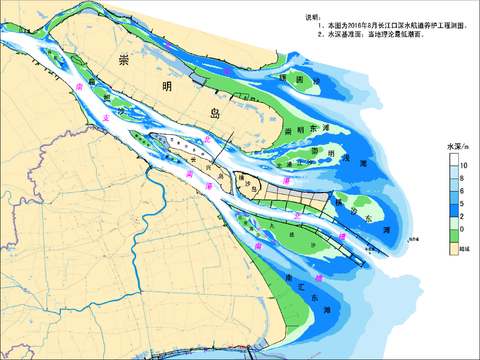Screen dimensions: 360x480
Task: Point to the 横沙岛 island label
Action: coord(248,183)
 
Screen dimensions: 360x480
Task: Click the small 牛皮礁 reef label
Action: coord(369,249)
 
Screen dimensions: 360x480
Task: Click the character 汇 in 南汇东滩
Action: coord(302,287)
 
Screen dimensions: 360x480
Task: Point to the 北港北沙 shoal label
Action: coord(294,164)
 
